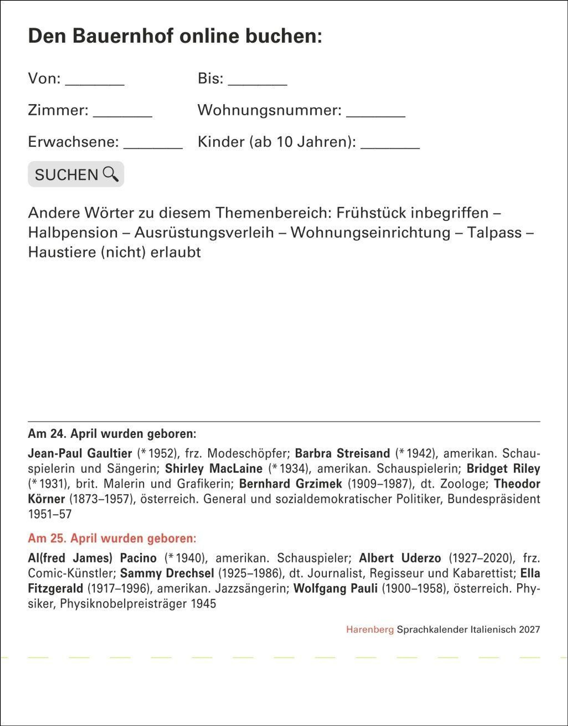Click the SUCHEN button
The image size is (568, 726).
[76, 174]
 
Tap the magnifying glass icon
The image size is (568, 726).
[111, 174]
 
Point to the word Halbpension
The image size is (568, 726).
[73, 233]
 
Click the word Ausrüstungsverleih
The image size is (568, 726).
[204, 233]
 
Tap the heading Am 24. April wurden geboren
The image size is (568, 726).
[112, 434]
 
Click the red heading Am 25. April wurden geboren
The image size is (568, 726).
[112, 538]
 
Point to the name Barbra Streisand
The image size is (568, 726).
[342, 453]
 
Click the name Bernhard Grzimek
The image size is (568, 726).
[291, 484]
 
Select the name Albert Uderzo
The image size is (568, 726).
[400, 558]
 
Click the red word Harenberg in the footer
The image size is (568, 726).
[370, 629]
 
